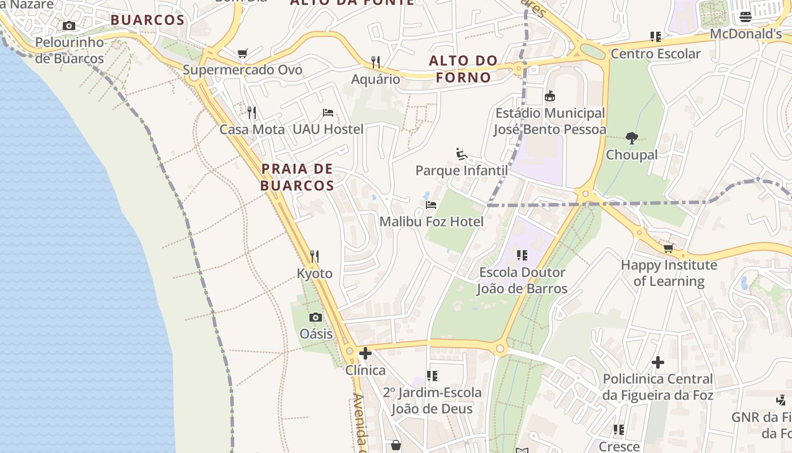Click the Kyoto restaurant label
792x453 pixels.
(315, 273)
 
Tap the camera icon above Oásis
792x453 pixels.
(316, 317)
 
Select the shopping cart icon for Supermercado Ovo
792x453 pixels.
(242, 54)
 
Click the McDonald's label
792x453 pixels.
(745, 34)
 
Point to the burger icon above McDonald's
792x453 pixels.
(746, 17)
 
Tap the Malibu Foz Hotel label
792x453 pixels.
(431, 221)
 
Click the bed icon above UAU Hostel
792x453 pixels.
(328, 113)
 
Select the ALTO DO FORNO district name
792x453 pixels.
(463, 69)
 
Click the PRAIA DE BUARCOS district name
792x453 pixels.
(297, 177)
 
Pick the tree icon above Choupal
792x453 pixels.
(632, 138)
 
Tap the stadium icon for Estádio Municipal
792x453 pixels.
(549, 96)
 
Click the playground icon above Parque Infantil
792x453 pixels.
(462, 153)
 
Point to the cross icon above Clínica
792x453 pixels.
(365, 354)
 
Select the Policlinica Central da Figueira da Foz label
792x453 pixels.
(657, 387)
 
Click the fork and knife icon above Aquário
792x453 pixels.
(375, 62)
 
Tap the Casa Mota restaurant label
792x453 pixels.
(252, 129)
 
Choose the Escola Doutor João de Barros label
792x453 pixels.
(522, 280)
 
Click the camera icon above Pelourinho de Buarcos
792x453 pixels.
(69, 26)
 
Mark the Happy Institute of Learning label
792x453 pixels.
(669, 273)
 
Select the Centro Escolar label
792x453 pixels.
(656, 54)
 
